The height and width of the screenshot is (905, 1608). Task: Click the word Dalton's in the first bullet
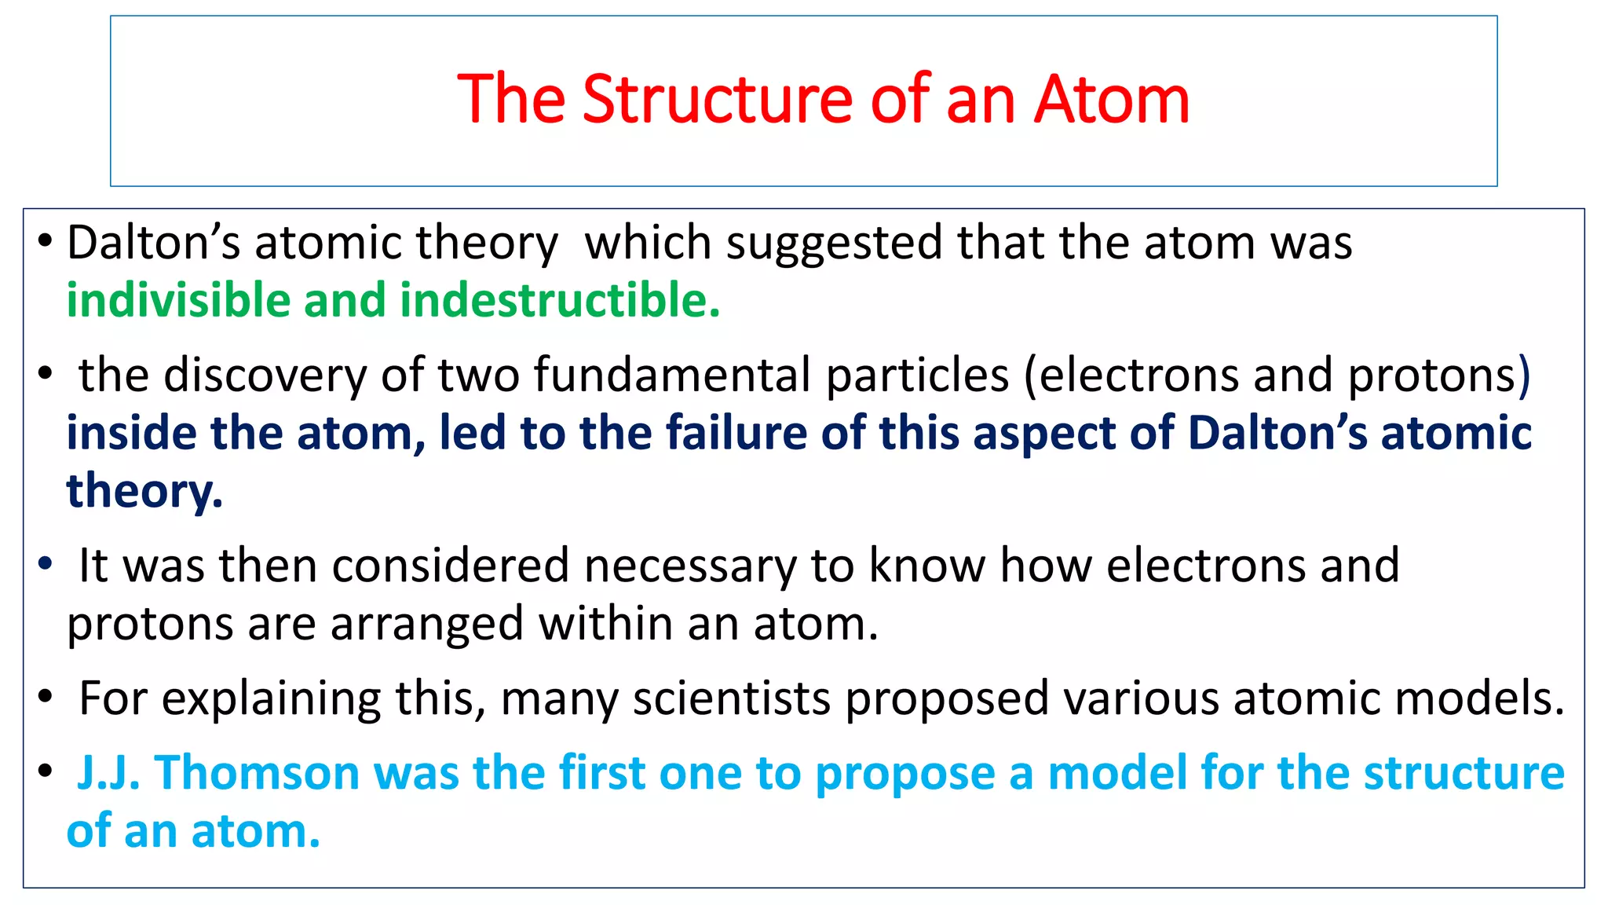click(153, 243)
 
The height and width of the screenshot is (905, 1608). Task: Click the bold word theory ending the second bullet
click(144, 492)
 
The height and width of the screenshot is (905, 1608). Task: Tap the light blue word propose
click(904, 773)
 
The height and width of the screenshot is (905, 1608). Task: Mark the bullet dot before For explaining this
click(46, 696)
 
